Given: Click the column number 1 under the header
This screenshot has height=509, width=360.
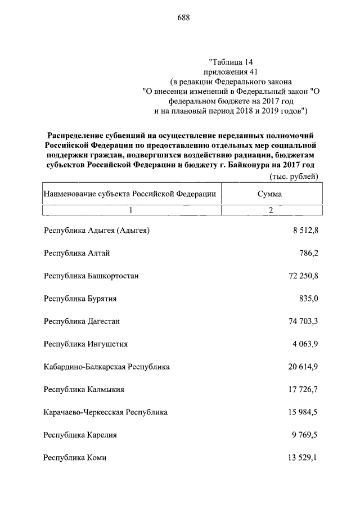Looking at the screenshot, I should (x=130, y=210).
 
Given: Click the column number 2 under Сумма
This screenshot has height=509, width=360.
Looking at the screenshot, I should (x=270, y=210).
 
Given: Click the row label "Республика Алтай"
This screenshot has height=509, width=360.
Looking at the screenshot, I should (x=76, y=253).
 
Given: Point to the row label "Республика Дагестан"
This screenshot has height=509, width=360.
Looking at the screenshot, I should (x=82, y=321).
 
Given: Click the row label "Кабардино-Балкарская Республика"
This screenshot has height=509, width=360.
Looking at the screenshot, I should (x=106, y=367).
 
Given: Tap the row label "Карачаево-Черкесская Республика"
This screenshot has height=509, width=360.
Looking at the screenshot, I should (x=105, y=412).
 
